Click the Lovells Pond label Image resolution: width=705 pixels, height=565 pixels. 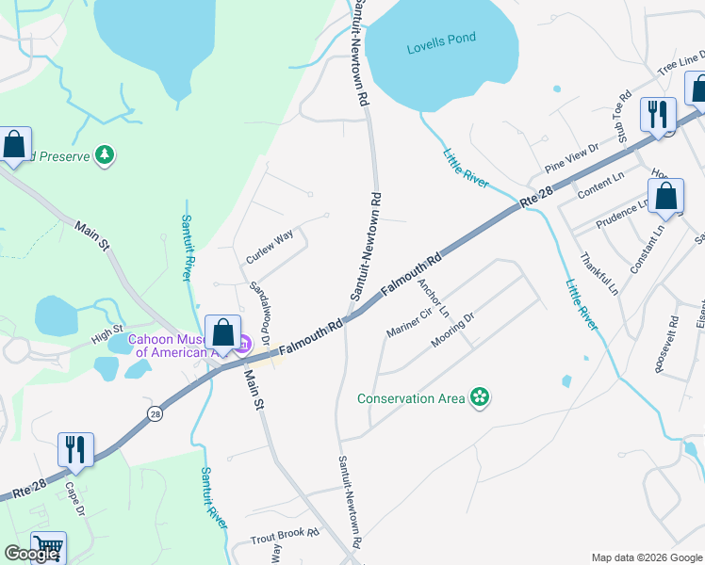(x=441, y=38)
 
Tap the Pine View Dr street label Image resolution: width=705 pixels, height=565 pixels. (x=572, y=158)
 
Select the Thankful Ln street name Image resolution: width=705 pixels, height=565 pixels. (x=598, y=271)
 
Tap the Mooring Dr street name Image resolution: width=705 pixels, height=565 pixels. (x=452, y=333)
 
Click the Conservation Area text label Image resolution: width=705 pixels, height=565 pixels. (x=411, y=398)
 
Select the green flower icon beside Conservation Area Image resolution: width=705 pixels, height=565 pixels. (x=480, y=398)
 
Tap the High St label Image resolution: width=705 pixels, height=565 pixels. (x=107, y=334)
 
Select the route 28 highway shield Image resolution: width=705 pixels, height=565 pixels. (x=154, y=412)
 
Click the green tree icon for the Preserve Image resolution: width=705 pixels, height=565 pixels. (x=106, y=153)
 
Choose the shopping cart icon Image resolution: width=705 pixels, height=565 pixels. (x=48, y=546)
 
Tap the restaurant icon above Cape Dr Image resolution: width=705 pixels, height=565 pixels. (x=74, y=448)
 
